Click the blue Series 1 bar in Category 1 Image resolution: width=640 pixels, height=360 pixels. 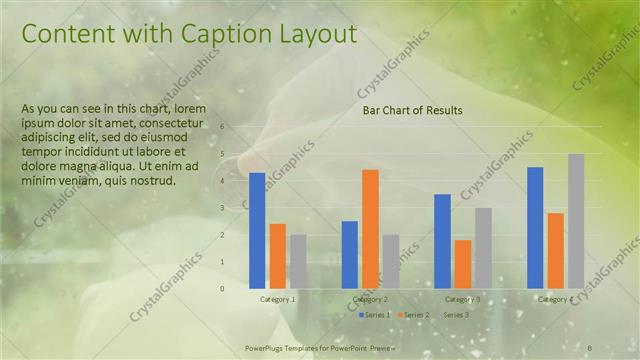[257, 230]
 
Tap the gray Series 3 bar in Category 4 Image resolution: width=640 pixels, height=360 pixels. [576, 220]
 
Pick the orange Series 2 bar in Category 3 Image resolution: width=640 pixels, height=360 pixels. [463, 263]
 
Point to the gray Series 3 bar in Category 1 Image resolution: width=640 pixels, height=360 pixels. [298, 261]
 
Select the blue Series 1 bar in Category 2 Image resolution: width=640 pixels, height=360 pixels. [350, 254]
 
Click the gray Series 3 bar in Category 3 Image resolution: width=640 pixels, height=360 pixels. [483, 247]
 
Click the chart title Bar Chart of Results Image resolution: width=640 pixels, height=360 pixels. [412, 110]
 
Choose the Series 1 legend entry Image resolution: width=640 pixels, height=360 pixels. [376, 315]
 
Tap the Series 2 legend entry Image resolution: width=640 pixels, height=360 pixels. [414, 315]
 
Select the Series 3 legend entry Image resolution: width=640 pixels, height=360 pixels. [455, 315]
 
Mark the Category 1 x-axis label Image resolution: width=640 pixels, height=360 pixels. [277, 299]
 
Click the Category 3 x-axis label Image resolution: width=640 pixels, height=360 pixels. [463, 299]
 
